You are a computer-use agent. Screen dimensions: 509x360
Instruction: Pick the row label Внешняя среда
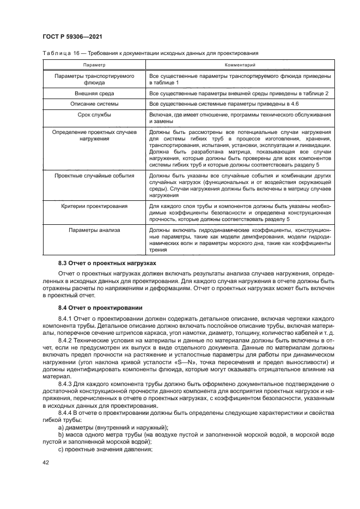coord(94,94)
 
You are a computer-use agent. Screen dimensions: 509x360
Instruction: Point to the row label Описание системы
coord(94,103)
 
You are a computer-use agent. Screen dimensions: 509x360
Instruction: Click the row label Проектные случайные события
coord(94,176)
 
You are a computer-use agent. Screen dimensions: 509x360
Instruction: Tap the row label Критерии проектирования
coord(94,206)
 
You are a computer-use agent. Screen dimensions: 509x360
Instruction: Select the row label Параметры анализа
coord(94,230)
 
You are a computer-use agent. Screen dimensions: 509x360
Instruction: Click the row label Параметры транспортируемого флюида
coord(94,80)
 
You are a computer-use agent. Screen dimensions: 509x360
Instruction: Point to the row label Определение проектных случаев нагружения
coord(94,135)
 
